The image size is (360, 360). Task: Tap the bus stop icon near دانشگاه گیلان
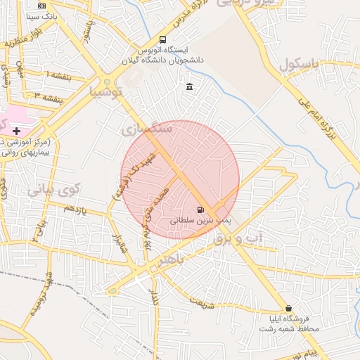[163, 40]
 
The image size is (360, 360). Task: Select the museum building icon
[189, 86]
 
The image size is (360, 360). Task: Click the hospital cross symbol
[16, 131]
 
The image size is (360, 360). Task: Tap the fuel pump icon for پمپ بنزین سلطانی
[201, 210]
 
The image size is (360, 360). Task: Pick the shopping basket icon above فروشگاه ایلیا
[288, 309]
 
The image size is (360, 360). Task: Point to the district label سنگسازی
[146, 129]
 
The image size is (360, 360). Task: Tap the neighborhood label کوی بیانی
[55, 190]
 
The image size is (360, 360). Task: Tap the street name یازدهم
[74, 210]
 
